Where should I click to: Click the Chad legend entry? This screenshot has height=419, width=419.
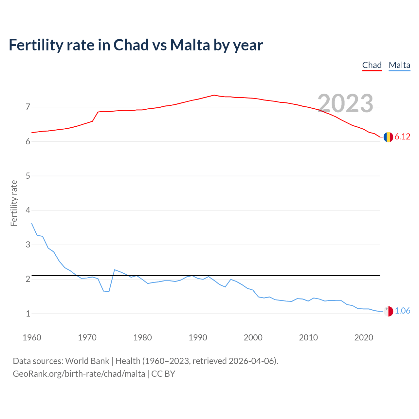(x=372, y=65)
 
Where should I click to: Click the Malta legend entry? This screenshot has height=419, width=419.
(x=399, y=65)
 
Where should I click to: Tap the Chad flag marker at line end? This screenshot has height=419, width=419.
(x=388, y=137)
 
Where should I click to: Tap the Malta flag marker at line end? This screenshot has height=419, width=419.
(x=388, y=311)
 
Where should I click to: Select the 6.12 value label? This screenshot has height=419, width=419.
(x=402, y=137)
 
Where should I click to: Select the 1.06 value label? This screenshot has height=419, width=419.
(x=402, y=311)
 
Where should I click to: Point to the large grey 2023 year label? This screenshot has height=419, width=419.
(x=345, y=103)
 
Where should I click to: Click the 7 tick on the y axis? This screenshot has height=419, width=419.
(x=28, y=107)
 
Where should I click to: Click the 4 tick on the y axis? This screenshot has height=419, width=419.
(x=28, y=210)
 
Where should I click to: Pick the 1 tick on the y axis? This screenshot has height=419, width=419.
(x=28, y=314)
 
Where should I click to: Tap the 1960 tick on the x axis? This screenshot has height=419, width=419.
(x=32, y=337)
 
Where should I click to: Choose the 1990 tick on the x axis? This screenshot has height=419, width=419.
(x=198, y=337)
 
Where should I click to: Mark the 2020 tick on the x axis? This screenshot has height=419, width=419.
(x=364, y=337)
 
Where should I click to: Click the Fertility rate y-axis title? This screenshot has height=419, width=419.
(x=14, y=203)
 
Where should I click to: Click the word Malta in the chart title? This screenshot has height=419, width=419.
(x=190, y=45)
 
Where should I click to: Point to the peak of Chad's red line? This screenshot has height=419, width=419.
(x=214, y=95)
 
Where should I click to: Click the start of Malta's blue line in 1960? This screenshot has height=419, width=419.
(x=32, y=224)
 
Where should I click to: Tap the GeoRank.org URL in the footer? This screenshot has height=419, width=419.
(x=79, y=374)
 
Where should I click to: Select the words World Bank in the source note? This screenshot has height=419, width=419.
(x=87, y=361)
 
